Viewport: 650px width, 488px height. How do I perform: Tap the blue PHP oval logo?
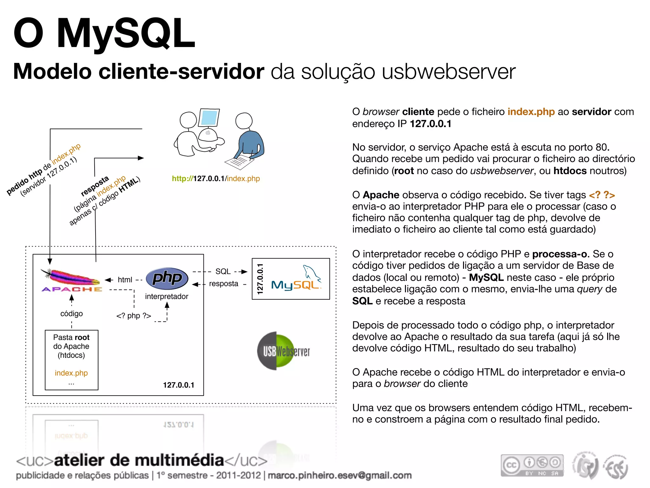point(167,278)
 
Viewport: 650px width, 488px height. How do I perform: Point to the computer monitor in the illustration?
point(209,118)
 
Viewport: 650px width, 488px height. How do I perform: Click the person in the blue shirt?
point(249,137)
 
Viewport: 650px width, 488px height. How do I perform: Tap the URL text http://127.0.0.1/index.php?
point(216,179)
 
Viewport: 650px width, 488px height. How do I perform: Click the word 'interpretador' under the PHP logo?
point(167,296)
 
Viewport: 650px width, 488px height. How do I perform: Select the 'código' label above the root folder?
point(71,314)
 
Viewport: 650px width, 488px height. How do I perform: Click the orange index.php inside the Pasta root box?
point(71,373)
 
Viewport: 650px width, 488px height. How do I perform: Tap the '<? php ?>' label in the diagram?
point(134,316)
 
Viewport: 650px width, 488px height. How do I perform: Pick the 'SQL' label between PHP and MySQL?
point(223,271)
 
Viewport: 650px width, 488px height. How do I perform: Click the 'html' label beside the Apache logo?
point(125,280)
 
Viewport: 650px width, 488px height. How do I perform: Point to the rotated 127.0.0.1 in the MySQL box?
point(260,279)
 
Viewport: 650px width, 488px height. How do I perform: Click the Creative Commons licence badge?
point(532,465)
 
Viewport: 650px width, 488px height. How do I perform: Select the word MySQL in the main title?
point(126,34)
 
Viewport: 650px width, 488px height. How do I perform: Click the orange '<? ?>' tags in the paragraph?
point(602,195)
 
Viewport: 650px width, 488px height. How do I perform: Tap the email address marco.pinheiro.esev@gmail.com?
point(340,475)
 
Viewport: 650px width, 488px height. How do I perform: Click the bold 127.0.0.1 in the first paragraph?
point(430,124)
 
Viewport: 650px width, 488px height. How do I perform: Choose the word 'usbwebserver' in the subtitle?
point(448,72)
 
